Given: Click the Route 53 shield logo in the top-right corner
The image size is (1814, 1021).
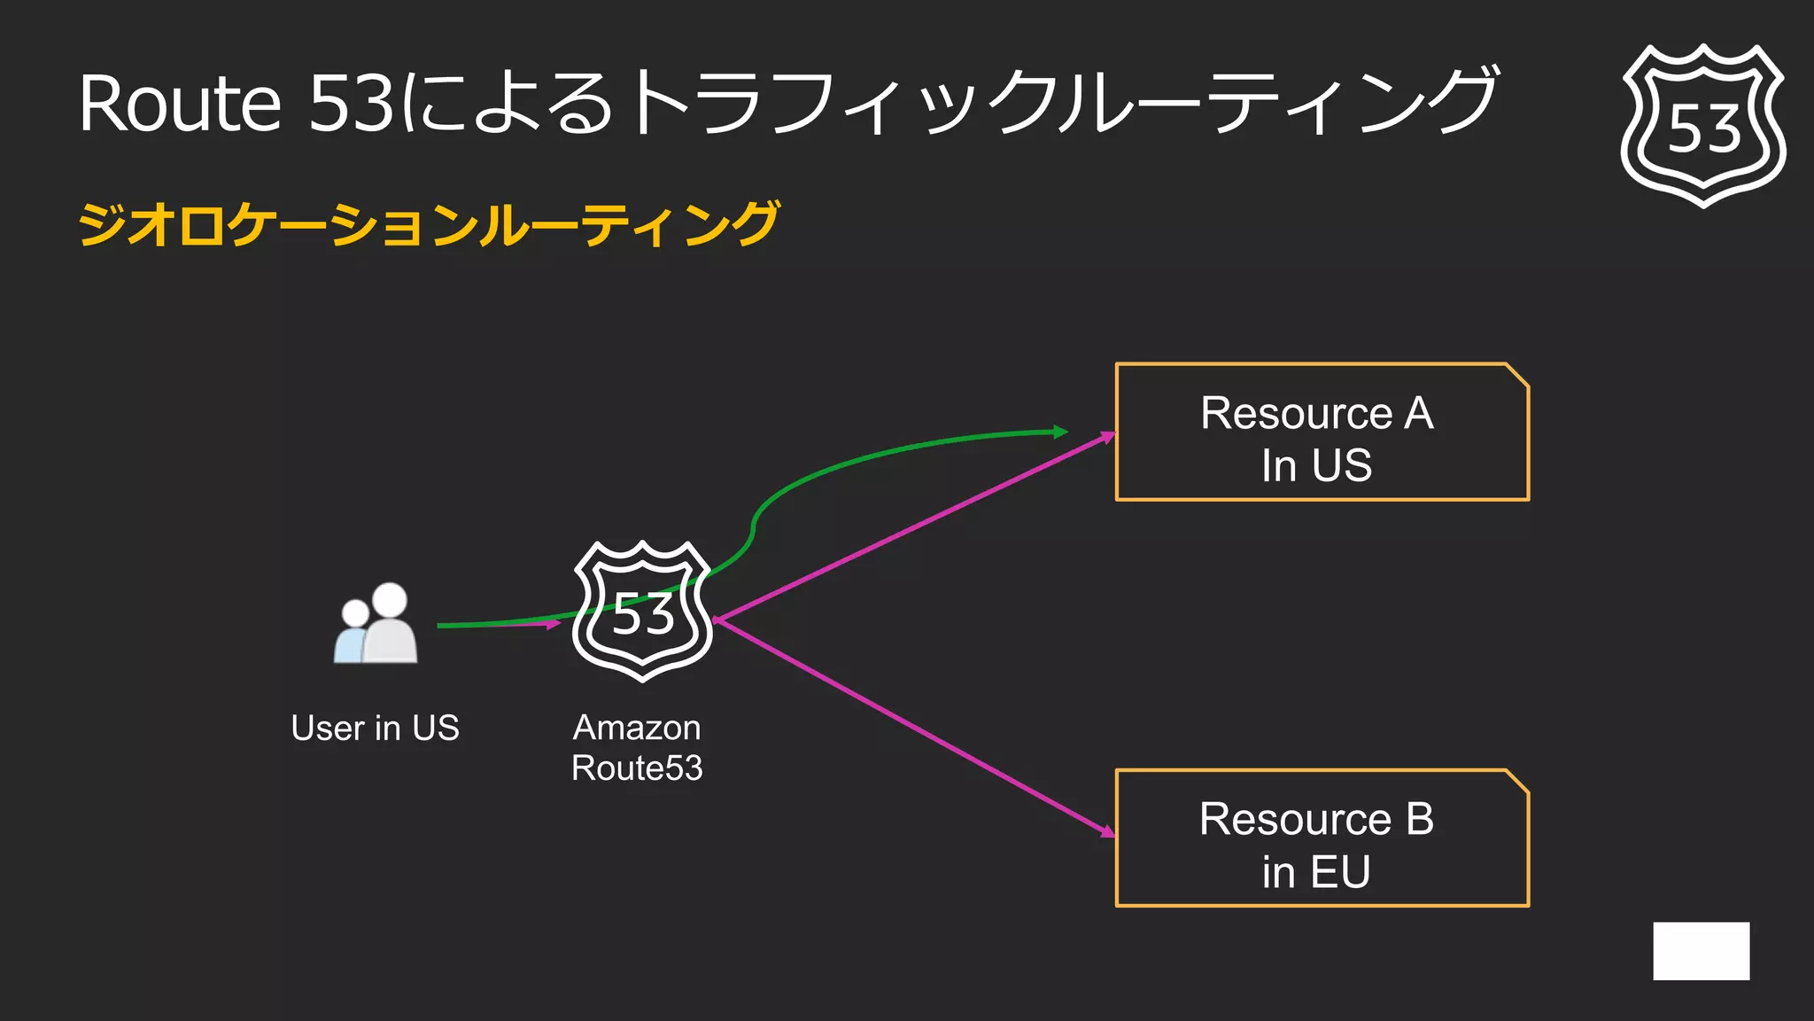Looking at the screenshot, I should click(x=1702, y=125).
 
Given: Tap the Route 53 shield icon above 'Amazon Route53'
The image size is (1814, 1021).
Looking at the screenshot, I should click(x=643, y=612).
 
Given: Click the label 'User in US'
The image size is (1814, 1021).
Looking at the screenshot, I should click(x=375, y=728).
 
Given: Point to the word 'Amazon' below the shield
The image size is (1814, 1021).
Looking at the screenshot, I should click(x=637, y=728).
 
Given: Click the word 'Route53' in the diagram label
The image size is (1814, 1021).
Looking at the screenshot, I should click(x=637, y=768).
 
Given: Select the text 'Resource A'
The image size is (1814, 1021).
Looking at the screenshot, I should click(x=1316, y=413).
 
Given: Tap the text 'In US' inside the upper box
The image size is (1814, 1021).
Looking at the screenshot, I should click(x=1316, y=465).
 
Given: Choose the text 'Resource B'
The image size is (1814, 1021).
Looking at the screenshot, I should click(x=1316, y=819).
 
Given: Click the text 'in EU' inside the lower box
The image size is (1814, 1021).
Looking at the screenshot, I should click(x=1316, y=871).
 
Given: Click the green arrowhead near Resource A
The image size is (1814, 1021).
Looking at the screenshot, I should click(x=1060, y=432).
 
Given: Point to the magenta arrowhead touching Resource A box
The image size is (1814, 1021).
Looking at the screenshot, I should click(x=1107, y=437).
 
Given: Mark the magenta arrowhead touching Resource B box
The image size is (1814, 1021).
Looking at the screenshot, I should click(x=1107, y=831).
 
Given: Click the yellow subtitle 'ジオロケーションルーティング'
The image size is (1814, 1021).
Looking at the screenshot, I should click(x=429, y=223).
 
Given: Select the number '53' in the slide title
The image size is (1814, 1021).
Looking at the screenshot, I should click(x=351, y=104).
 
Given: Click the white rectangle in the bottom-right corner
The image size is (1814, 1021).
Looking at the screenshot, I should click(x=1701, y=951).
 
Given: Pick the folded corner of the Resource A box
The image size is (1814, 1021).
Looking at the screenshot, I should click(x=1517, y=376).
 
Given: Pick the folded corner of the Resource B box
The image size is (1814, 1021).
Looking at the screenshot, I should click(x=1517, y=782).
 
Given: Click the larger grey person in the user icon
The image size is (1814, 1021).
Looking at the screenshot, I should click(x=391, y=625).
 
